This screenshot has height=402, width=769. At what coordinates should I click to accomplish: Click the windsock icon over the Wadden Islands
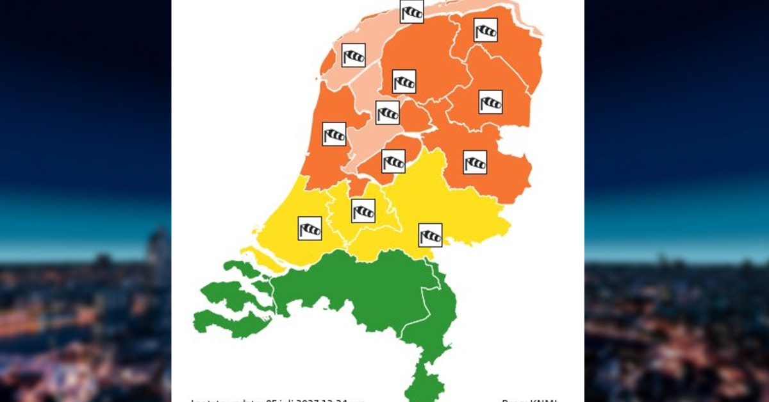click(411, 12)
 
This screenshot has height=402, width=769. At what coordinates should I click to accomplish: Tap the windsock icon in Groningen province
click(486, 30)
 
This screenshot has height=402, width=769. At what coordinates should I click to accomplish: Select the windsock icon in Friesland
click(404, 81)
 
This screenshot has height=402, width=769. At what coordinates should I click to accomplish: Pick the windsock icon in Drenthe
click(491, 102)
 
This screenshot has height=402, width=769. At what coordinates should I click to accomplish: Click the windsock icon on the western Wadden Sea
click(354, 56)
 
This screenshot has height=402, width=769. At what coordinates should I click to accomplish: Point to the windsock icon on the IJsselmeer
click(388, 113)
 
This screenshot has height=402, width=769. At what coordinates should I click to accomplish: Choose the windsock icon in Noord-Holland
click(334, 134)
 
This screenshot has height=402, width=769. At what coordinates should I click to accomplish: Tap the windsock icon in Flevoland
click(393, 162)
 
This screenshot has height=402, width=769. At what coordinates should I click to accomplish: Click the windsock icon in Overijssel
click(475, 162)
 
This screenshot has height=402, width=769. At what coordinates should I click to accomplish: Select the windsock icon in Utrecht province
click(363, 211)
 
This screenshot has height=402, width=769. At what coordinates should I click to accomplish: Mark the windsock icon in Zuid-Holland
click(310, 228)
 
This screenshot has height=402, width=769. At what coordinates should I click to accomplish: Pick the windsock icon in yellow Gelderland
click(430, 235)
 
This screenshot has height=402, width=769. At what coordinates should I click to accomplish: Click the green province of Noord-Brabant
click(359, 289)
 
